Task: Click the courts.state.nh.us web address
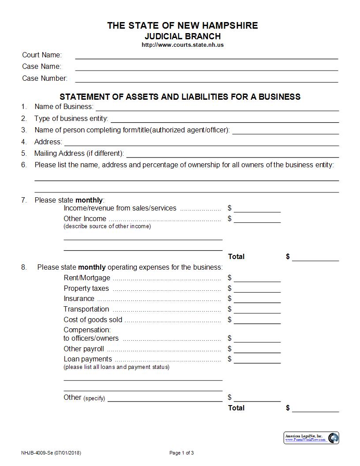(x=182, y=45)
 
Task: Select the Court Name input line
(x=206, y=56)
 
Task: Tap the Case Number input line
(x=206, y=79)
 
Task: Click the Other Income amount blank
(x=257, y=219)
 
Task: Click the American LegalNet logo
(x=311, y=438)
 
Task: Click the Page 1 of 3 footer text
(x=181, y=453)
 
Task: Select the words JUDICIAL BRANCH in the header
(x=182, y=36)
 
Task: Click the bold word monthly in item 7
(x=89, y=200)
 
